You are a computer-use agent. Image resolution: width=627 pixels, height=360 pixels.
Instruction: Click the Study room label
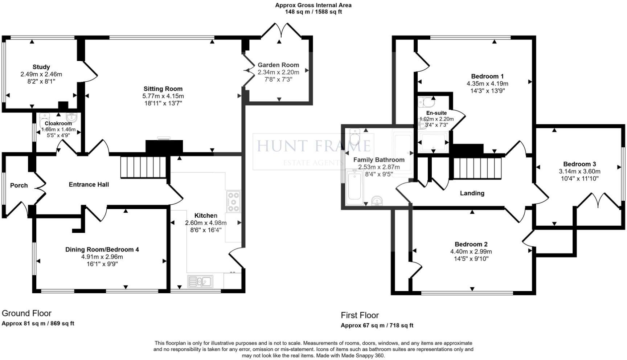(41, 67)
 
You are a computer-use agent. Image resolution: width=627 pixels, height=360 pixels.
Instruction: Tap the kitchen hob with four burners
(233, 201)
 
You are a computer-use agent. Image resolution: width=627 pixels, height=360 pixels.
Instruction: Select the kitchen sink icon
(200, 281)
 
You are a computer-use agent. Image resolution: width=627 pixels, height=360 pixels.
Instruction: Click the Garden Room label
(278, 65)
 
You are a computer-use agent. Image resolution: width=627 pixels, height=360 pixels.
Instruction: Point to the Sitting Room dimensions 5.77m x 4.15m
(163, 96)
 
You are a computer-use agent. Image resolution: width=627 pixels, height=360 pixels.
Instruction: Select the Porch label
(19, 185)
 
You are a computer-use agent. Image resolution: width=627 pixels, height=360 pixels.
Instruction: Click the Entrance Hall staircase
(143, 167)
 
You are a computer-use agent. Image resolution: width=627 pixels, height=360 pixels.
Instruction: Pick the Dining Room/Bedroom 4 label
(102, 249)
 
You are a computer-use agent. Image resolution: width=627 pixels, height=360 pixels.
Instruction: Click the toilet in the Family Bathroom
(355, 137)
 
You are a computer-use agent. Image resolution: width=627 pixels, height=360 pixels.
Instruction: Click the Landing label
(472, 193)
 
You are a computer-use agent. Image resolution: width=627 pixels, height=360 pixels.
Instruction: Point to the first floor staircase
(476, 168)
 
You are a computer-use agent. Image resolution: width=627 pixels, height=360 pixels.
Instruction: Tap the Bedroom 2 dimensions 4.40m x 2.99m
(471, 251)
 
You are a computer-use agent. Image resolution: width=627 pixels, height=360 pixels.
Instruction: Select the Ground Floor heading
(26, 313)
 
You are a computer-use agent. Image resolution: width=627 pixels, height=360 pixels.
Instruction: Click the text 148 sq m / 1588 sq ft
(313, 12)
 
